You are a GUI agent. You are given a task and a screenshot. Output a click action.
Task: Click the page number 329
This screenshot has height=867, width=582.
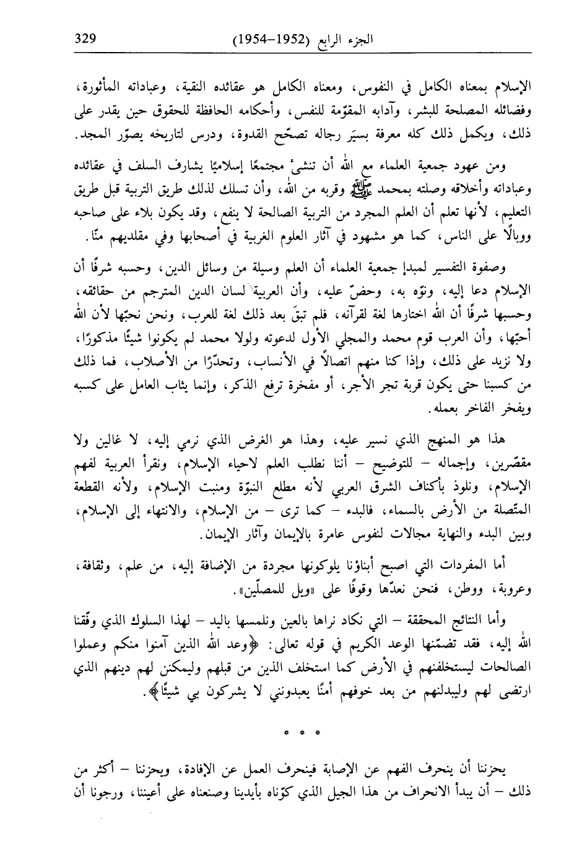(83, 38)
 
